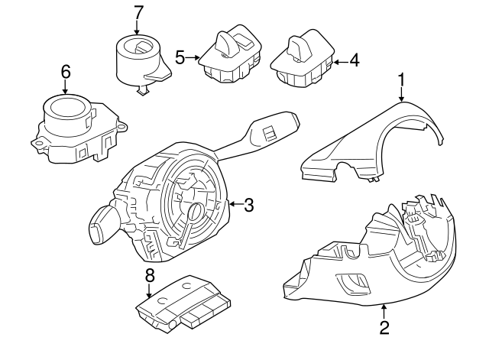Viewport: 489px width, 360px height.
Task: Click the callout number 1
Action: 401,79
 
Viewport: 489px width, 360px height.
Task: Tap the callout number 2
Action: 384,328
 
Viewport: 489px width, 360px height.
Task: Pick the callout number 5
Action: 180,56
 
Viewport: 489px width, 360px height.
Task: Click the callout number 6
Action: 65,71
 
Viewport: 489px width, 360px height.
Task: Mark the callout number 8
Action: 150,277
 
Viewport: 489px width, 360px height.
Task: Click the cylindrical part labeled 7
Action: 138,61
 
